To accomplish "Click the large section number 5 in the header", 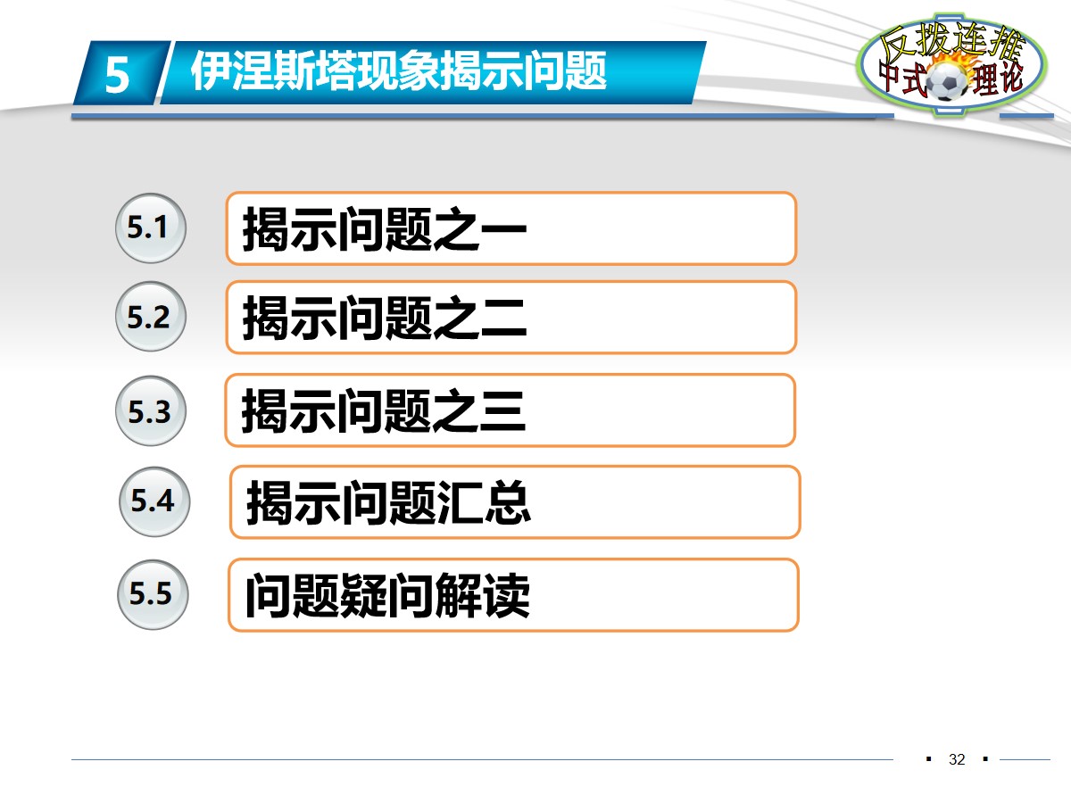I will click(x=117, y=75).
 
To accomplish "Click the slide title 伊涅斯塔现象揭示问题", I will click(x=399, y=70).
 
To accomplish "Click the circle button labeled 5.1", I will click(x=149, y=228).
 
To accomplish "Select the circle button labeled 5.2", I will click(x=149, y=318).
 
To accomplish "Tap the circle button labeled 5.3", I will click(x=149, y=412).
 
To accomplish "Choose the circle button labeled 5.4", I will click(x=153, y=501).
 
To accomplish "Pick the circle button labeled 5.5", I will click(x=151, y=594).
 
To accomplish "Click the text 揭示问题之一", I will click(x=385, y=230).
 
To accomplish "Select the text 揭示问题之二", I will click(x=385, y=319).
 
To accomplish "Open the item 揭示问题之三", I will click(x=383, y=412).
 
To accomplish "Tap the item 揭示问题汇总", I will click(x=388, y=503).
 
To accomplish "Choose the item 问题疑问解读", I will click(x=387, y=596).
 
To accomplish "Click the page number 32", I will click(x=958, y=760).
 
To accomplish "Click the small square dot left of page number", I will click(x=929, y=759).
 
